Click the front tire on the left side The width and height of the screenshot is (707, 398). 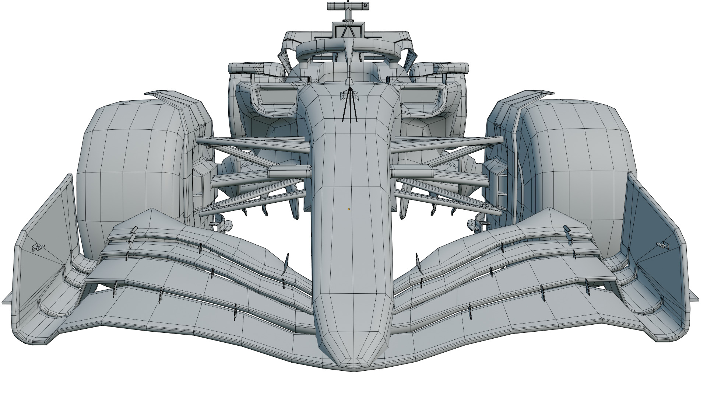129,177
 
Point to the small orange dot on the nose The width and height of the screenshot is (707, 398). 349,209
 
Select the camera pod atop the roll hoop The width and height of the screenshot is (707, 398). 348,6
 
